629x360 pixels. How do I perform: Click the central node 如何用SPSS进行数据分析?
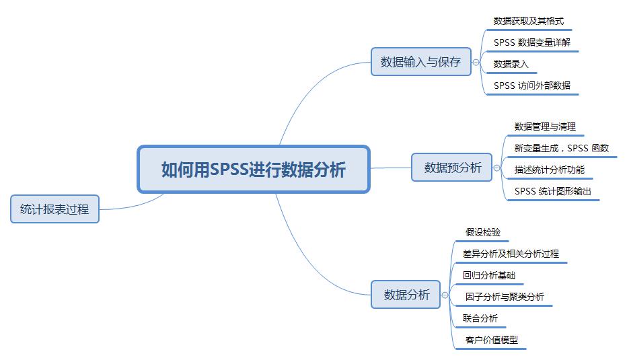(254, 169)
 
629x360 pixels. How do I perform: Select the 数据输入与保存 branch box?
(421, 62)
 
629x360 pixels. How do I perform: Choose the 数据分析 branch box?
(406, 295)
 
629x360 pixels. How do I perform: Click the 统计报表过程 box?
(54, 209)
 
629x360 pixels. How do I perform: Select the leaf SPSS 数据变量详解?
(532, 43)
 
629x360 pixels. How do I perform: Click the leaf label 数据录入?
(511, 64)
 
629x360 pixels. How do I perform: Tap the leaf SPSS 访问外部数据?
(531, 85)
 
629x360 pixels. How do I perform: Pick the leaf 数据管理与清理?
(545, 127)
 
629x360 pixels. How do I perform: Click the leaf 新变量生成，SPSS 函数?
(561, 148)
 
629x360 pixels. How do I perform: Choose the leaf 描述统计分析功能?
(549, 170)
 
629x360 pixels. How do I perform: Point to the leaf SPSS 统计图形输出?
(553, 191)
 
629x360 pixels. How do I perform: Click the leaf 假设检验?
(482, 233)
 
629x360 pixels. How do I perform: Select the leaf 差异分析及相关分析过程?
(511, 254)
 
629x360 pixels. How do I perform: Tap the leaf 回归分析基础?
(488, 275)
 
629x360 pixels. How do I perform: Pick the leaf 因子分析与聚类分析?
(505, 297)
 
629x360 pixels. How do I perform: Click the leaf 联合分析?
(480, 318)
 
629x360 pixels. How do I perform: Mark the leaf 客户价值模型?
(491, 340)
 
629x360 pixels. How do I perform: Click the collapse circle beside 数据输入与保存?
(476, 62)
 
